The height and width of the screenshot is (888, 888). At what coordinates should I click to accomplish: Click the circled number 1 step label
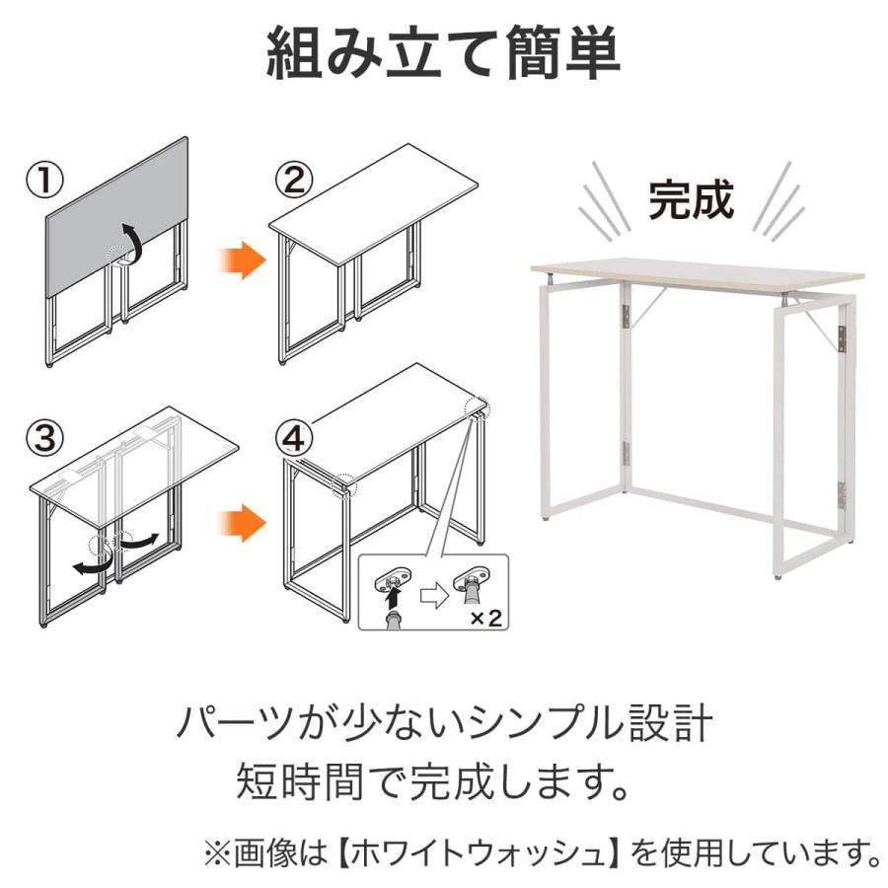click(44, 181)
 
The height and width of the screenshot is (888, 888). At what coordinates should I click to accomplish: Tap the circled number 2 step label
click(294, 181)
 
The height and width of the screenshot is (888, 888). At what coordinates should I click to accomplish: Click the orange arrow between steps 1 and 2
click(242, 260)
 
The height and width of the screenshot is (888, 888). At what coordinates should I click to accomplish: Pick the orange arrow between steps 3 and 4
click(242, 523)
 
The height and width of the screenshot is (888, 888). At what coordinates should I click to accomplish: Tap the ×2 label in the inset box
click(485, 618)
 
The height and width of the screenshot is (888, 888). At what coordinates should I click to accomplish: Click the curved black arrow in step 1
click(133, 243)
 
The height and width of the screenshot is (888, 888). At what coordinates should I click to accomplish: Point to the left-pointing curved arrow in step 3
click(91, 563)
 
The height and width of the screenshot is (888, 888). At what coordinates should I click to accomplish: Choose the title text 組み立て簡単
click(443, 52)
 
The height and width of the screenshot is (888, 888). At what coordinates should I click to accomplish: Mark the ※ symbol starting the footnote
click(218, 854)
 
